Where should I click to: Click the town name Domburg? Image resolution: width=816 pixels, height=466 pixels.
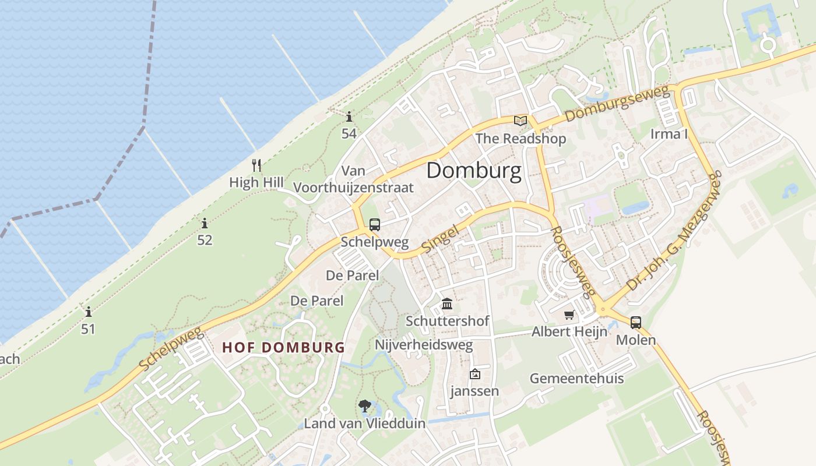(474, 171)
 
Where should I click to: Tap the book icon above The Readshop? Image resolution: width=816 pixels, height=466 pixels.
(520, 121)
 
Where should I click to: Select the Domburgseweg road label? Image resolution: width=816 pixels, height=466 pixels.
(617, 104)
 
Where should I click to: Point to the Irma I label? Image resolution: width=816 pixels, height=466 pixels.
(669, 134)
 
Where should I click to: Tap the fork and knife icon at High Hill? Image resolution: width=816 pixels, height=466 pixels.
(256, 165)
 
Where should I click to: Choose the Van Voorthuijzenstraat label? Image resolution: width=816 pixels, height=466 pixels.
(354, 179)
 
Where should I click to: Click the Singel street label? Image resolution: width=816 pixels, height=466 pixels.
(440, 239)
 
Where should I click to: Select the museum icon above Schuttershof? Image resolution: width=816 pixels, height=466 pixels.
(447, 303)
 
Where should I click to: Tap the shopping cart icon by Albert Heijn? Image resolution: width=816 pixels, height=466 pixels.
(569, 315)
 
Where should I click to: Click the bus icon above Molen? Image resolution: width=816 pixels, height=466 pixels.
(635, 322)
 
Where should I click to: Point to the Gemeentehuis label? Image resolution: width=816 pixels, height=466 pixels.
(576, 378)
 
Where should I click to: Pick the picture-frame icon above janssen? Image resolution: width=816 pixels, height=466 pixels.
(474, 374)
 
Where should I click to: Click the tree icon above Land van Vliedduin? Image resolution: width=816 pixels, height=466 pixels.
(365, 405)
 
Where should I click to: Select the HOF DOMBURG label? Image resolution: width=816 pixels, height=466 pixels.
(284, 348)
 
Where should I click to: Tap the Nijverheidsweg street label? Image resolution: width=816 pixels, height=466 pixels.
(424, 344)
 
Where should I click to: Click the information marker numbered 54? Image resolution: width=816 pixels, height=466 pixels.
(349, 116)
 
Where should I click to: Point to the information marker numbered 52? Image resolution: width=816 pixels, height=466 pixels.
(205, 223)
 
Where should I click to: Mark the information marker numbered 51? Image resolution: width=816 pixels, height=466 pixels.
(89, 312)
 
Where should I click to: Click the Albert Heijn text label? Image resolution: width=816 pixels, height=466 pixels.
(569, 331)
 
